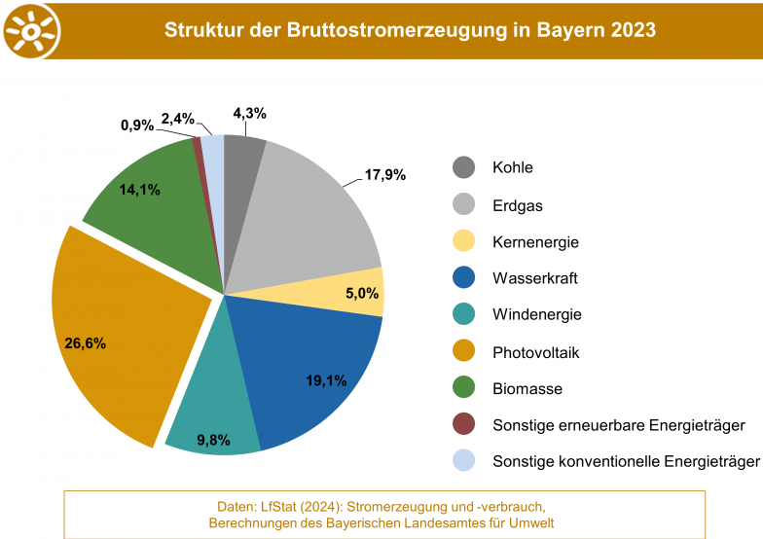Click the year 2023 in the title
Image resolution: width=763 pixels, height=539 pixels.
pyautogui.click(x=633, y=30)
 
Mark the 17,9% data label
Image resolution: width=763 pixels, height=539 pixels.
pyautogui.click(x=385, y=175)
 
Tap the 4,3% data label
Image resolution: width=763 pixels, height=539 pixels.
pyautogui.click(x=249, y=113)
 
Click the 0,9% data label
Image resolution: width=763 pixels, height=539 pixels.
pyautogui.click(x=137, y=126)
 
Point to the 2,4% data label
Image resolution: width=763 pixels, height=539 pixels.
pyautogui.click(x=178, y=119)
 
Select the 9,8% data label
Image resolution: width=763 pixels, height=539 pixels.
pyautogui.click(x=213, y=440)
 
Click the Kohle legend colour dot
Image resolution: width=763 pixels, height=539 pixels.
pyautogui.click(x=464, y=167)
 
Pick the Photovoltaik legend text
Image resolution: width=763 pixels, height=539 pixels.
pyautogui.click(x=535, y=352)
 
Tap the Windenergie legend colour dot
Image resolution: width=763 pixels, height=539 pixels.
pyautogui.click(x=464, y=314)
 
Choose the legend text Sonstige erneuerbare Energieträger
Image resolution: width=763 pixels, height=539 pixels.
pyautogui.click(x=619, y=425)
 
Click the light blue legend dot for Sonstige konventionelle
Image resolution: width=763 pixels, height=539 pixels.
pyautogui.click(x=464, y=461)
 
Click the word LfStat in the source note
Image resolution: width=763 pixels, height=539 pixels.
pyautogui.click(x=278, y=507)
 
